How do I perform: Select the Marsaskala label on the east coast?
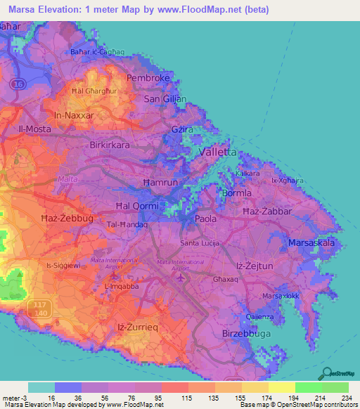tap(311, 243)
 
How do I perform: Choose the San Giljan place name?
tap(165, 99)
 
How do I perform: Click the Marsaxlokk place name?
tap(281, 296)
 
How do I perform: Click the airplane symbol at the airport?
tap(181, 277)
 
